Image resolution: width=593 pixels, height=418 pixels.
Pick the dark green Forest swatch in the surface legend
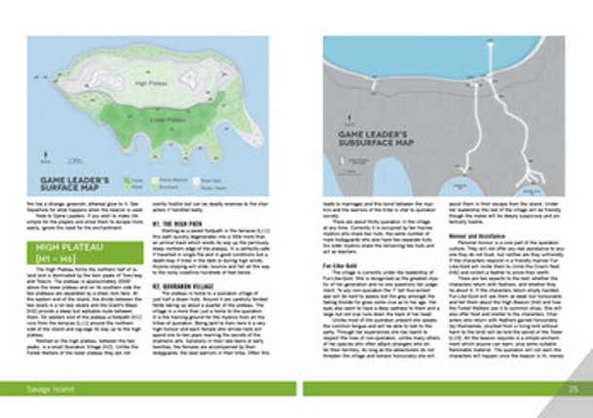[128, 181]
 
